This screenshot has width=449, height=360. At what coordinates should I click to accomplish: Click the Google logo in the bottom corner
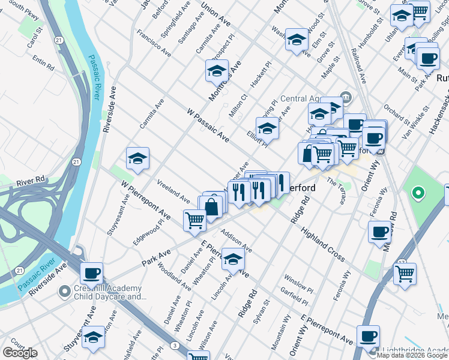tap(20, 353)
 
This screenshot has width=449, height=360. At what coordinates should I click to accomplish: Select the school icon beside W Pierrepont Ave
tap(137, 159)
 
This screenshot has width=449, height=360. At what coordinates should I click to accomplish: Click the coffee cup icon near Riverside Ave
tap(92, 274)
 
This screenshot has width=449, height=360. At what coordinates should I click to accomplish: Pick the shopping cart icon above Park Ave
tap(194, 220)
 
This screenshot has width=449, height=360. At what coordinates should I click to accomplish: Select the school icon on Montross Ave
tap(217, 72)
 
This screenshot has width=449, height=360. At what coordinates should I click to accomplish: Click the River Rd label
tap(31, 180)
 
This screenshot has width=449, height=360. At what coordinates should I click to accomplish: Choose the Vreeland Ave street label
tap(173, 190)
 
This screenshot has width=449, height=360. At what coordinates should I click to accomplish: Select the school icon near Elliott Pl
tap(267, 128)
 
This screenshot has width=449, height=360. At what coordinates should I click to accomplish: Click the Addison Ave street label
tap(236, 240)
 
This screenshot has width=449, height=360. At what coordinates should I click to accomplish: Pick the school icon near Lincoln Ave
tap(234, 259)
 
